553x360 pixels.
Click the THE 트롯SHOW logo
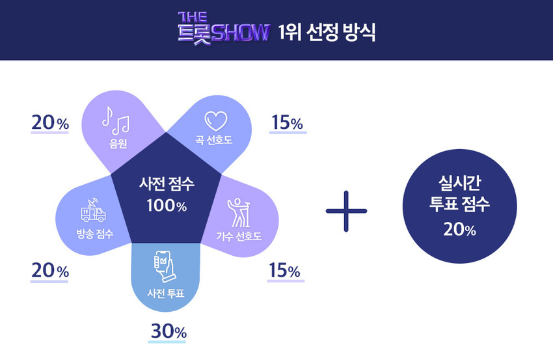click(x=223, y=29)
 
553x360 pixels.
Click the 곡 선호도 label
click(x=213, y=140)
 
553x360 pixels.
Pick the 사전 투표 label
click(x=166, y=293)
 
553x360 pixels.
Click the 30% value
click(x=169, y=331)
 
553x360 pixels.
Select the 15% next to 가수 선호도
click(x=284, y=270)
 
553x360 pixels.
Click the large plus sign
click(x=346, y=212)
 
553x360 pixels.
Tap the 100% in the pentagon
click(x=167, y=206)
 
